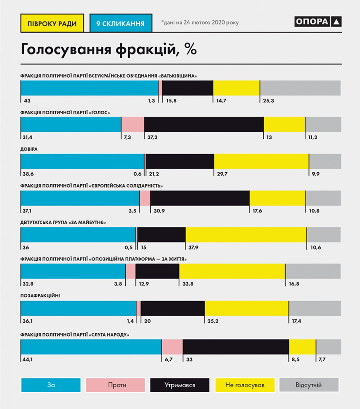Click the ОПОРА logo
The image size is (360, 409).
[x=318, y=21]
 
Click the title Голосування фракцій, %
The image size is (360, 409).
[x=108, y=50]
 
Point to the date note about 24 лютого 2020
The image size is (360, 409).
[x=200, y=22]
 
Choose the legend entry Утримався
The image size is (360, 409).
[x=180, y=385]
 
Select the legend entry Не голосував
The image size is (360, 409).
[x=245, y=385]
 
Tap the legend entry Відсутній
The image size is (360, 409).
[x=309, y=385]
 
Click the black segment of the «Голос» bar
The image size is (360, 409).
[x=204, y=125]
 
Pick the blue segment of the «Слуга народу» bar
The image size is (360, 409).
[x=91, y=347]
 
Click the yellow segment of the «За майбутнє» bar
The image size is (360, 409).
[x=246, y=235]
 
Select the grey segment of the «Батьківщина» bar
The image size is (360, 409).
[x=300, y=88]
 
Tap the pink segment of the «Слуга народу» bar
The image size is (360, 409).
[x=172, y=347]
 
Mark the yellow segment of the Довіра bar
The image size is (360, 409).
[x=261, y=161]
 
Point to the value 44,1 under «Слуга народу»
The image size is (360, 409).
[x=28, y=359]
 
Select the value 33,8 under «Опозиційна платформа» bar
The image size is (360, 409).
[x=187, y=285]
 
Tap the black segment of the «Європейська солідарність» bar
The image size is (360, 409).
[x=200, y=199]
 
